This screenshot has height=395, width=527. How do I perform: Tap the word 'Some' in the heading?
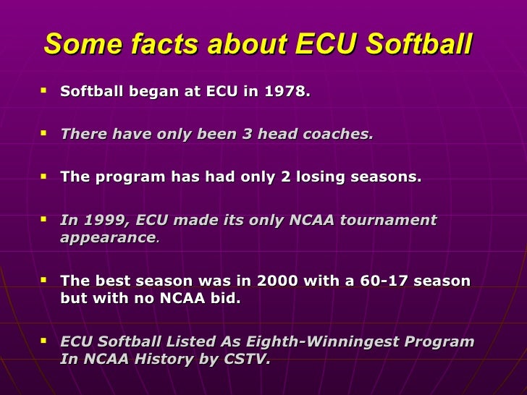point(77,44)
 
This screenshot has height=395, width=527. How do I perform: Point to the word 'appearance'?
point(108,237)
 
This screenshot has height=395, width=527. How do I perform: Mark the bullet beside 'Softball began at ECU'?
point(44,91)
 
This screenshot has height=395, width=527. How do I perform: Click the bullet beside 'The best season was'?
point(44,279)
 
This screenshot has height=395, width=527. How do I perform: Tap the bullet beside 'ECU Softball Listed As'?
point(44,340)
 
